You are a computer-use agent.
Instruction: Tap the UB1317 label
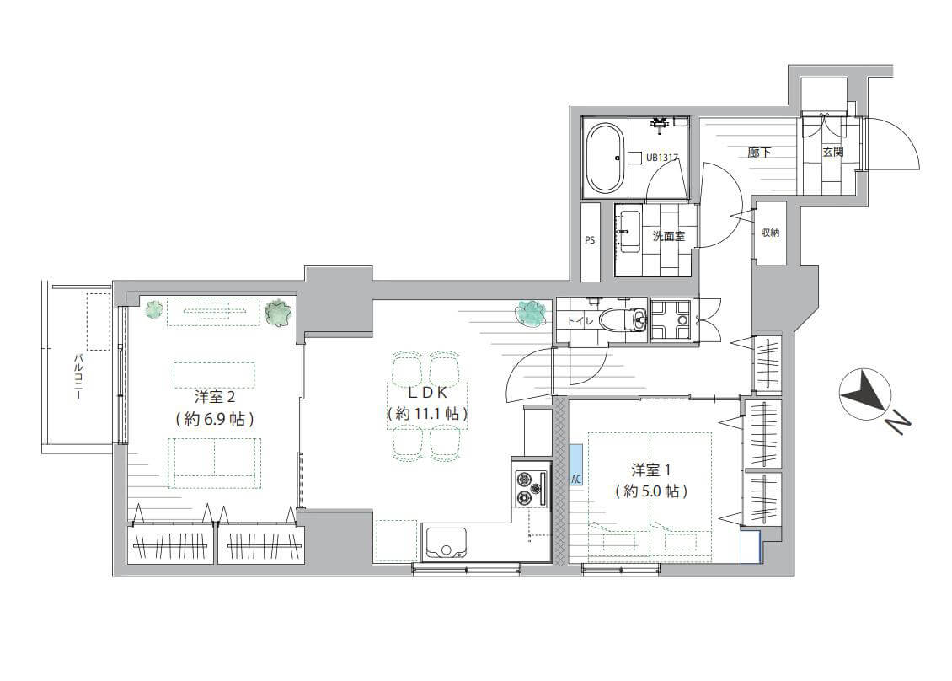[x=662, y=157]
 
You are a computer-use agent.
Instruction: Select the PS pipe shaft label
[x=590, y=240]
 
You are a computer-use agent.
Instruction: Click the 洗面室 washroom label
[x=668, y=236]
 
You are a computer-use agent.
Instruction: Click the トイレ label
[x=580, y=321]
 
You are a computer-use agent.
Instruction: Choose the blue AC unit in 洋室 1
[x=576, y=464]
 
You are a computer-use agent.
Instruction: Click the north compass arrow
[x=865, y=394]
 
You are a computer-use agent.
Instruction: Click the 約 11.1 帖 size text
[x=428, y=415]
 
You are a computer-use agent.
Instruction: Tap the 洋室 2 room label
[x=214, y=397]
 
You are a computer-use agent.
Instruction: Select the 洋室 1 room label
[x=651, y=469]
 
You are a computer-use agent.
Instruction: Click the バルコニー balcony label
[x=78, y=377]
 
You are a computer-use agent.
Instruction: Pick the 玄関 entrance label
[x=833, y=152]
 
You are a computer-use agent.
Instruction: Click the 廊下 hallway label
[x=759, y=152]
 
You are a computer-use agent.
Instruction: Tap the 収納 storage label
[x=770, y=233]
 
